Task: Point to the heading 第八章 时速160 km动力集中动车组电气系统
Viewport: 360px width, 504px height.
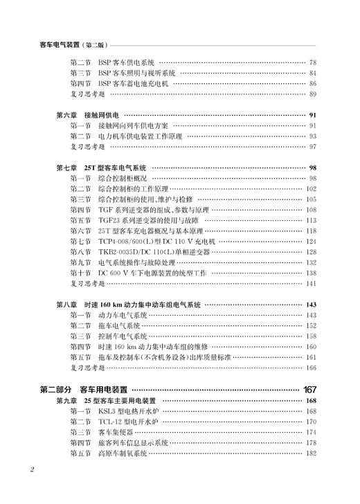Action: [128, 305]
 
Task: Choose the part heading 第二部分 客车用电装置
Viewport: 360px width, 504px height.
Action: [83, 389]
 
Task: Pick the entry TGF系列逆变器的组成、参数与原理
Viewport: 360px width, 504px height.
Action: [154, 210]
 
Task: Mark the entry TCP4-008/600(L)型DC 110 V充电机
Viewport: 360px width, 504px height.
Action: [157, 242]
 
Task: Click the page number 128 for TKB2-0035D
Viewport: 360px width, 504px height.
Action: [311, 253]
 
